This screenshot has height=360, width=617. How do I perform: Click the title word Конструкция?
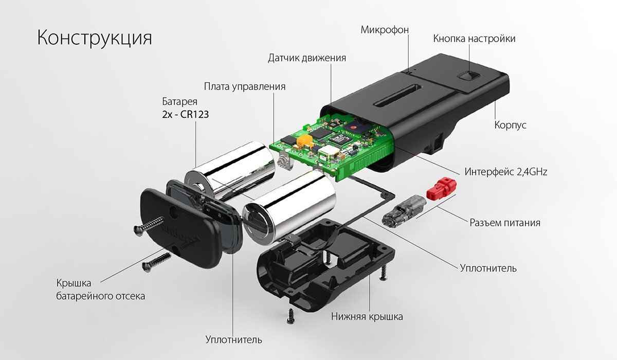click(x=94, y=38)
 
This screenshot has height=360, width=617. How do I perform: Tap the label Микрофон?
click(x=384, y=29)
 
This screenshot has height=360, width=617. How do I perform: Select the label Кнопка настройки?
click(x=474, y=39)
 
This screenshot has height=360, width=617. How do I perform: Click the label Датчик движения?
click(x=306, y=58)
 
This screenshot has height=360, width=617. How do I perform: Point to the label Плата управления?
click(x=244, y=86)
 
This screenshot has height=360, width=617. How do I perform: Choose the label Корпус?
click(x=510, y=125)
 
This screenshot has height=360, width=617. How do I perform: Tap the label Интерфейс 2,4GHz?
click(x=506, y=171)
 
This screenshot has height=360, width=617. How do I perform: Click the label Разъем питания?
click(x=505, y=223)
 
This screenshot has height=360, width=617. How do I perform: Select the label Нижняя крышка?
click(x=367, y=316)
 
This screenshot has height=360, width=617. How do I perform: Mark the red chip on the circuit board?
click(x=353, y=125)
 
